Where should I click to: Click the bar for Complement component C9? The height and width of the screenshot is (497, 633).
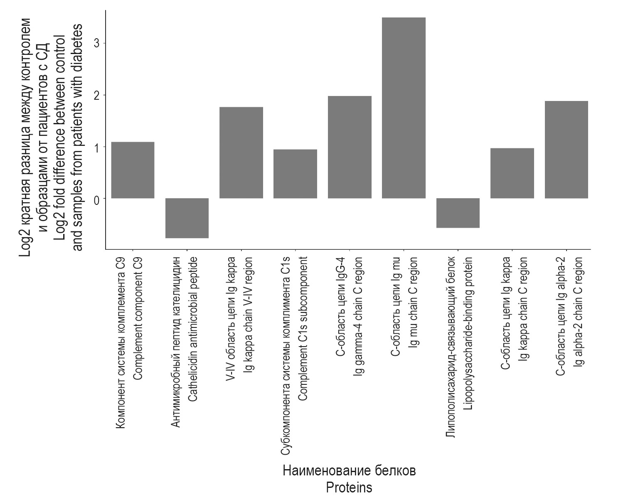[x=133, y=170]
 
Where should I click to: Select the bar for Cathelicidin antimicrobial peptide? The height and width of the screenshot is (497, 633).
[x=187, y=218]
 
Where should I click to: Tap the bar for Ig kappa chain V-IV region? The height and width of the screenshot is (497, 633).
[x=241, y=153]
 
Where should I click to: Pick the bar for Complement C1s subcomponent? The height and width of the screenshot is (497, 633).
[x=295, y=174]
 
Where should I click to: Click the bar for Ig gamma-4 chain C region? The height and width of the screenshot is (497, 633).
[x=350, y=147]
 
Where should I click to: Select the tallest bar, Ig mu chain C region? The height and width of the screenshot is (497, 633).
[x=404, y=108]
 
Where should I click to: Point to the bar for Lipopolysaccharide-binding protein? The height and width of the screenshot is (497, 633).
[x=458, y=213]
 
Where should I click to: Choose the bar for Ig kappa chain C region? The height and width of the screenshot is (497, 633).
[x=512, y=173]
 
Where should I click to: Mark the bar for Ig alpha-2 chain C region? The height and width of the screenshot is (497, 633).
[x=566, y=150]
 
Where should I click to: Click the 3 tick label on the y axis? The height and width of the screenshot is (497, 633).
[x=97, y=43]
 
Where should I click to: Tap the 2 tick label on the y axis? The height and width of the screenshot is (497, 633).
[x=97, y=95]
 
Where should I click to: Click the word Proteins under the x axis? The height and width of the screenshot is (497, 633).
[x=349, y=487]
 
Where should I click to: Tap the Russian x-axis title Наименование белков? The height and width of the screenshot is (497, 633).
[x=349, y=471]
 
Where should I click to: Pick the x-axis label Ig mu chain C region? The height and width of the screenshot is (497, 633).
[x=414, y=302]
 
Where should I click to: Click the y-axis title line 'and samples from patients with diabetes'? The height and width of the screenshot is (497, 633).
[x=78, y=137]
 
